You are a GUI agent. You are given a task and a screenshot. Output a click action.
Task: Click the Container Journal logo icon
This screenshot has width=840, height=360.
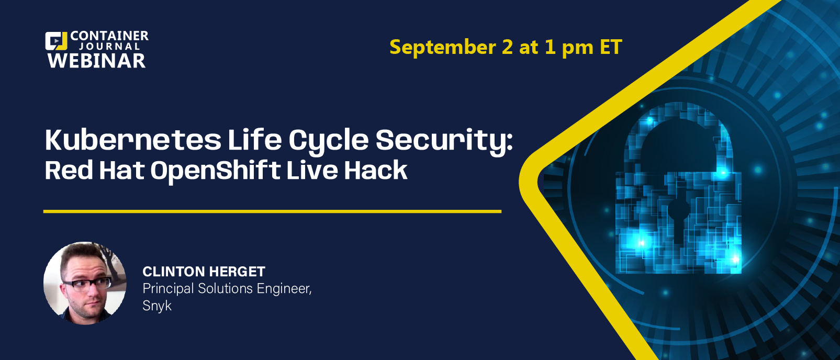(x=56, y=41)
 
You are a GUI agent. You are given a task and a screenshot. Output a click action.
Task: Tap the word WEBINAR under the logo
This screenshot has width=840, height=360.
(x=96, y=61)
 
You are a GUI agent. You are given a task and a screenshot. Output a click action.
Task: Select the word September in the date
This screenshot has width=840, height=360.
(x=443, y=48)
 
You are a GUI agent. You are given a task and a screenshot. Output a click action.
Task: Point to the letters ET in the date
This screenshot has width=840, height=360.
(x=611, y=47)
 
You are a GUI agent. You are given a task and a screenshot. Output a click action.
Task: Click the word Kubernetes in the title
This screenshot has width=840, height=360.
(x=133, y=140)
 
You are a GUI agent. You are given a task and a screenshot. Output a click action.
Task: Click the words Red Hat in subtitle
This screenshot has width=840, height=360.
(x=95, y=171)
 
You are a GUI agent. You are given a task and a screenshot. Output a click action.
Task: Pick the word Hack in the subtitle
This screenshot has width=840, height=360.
(x=376, y=171)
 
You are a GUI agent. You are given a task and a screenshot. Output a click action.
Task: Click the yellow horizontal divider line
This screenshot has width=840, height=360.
(x=272, y=211)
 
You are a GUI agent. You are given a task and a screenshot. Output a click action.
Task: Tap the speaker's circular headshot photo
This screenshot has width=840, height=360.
(x=85, y=283)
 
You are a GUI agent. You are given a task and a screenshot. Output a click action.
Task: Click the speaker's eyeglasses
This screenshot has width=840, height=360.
(x=87, y=284)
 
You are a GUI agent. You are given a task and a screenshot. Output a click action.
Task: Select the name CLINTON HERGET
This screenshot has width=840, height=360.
(x=204, y=272)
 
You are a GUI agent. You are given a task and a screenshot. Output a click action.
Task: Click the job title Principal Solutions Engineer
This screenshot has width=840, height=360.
(x=227, y=289)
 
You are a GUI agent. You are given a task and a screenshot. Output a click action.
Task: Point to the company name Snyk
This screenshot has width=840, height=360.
(x=157, y=306)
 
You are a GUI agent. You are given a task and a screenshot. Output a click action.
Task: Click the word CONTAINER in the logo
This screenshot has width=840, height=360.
(x=109, y=36)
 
